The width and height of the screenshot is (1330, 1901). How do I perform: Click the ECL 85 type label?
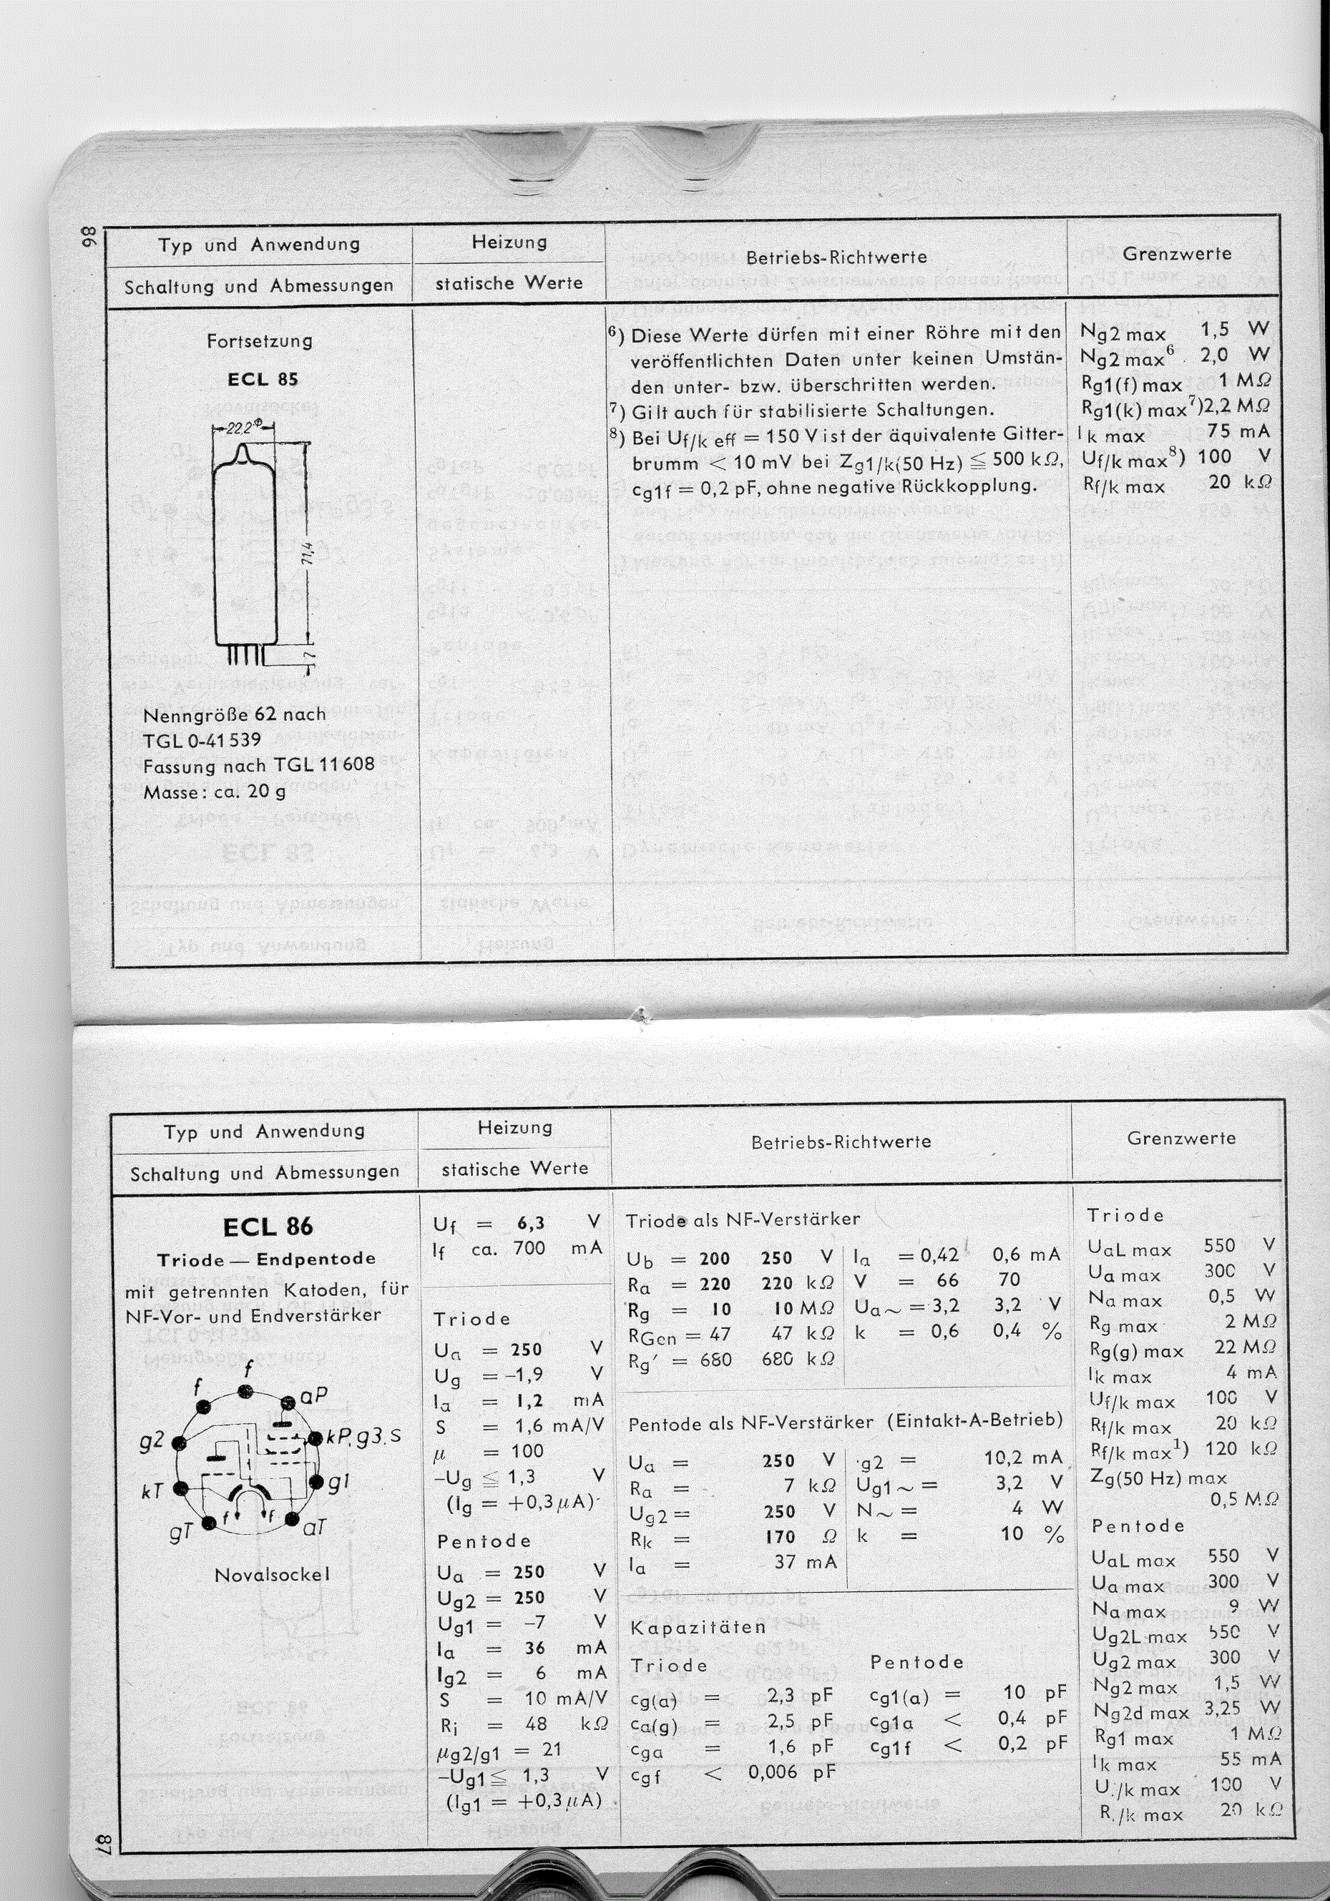point(263,379)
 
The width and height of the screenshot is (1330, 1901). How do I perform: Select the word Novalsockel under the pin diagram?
point(273,1574)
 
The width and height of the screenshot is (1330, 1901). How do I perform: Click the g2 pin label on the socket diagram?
point(152,1440)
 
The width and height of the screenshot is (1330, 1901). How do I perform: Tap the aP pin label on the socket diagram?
point(314,1396)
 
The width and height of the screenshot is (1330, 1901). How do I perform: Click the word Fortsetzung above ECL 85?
point(260,340)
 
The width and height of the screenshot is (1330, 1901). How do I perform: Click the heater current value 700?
point(529,1248)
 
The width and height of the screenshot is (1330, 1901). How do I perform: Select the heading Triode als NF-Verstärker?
point(742,1219)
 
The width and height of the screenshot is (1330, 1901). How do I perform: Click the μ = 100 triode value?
point(527,1450)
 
